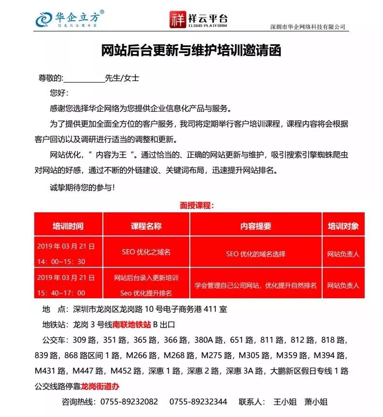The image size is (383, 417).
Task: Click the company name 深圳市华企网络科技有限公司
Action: [x=308, y=27]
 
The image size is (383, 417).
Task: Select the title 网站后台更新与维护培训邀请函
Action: [x=191, y=50]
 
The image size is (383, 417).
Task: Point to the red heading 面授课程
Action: [x=197, y=205]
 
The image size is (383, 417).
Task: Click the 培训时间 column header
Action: [x=68, y=226]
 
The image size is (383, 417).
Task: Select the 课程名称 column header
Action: [x=146, y=226]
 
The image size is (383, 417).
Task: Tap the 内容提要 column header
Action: [x=255, y=226]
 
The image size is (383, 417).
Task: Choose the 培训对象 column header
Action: [x=343, y=226]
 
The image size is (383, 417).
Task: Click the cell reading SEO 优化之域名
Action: [x=146, y=252]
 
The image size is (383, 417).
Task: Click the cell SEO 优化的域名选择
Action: [x=255, y=254]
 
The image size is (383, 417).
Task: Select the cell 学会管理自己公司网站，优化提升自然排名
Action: [x=255, y=285]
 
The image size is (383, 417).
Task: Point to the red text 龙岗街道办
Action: [x=100, y=387]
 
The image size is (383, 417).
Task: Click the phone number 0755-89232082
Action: [x=128, y=402]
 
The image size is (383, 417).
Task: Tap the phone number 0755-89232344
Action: [x=198, y=402]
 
